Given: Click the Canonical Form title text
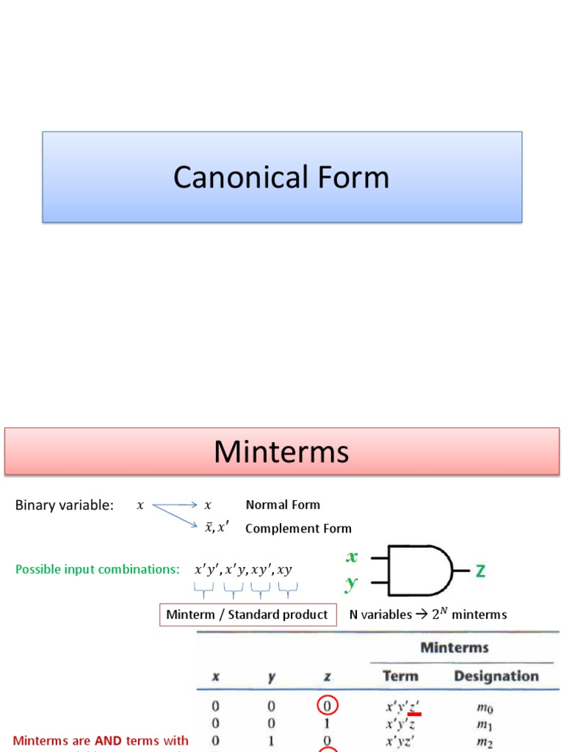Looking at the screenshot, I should point(281,178).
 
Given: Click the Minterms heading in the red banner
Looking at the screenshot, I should point(281,452).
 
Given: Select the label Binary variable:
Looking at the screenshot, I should point(65,505).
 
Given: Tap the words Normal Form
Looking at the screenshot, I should point(283,505).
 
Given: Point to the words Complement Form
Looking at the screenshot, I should point(298,528).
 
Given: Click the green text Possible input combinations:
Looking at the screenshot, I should point(98,570).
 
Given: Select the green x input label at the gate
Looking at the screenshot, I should point(352,557).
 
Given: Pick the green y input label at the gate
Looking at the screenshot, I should point(352,584).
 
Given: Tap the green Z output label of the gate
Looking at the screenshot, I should point(480,571).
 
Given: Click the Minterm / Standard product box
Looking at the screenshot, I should point(247,615).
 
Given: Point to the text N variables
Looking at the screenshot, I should point(380,615).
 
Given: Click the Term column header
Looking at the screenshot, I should point(400,676).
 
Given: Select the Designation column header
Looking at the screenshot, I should point(496,676).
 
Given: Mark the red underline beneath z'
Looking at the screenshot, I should point(414,714).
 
